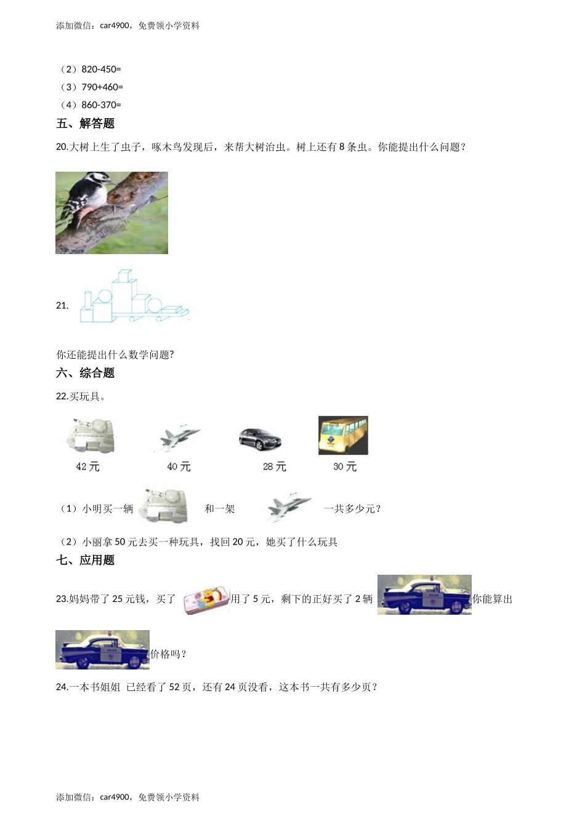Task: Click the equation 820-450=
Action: pos(101,70)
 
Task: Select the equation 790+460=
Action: pos(102,87)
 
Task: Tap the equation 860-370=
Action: pos(101,105)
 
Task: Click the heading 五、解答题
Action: pos(85,124)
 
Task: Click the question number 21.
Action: pos(62,306)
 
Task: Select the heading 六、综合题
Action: pos(85,373)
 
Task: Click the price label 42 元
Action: pos(87,467)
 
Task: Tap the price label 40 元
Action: pos(179,467)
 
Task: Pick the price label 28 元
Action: pos(274,467)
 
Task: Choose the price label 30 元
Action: pos(345,467)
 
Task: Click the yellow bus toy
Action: pos(343,436)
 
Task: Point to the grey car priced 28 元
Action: pos(260,439)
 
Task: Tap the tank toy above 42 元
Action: pos(91,436)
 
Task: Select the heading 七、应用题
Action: pos(85,560)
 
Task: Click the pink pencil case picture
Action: pos(206,600)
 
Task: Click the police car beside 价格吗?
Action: pos(102,650)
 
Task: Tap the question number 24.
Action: pos(62,687)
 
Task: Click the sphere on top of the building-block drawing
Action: pos(103,297)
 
